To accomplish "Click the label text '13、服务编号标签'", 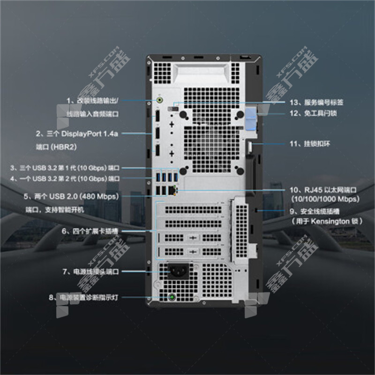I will pos(324,102).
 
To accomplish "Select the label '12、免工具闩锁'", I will pos(320,113).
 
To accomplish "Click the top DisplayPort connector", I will pos(158,115).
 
